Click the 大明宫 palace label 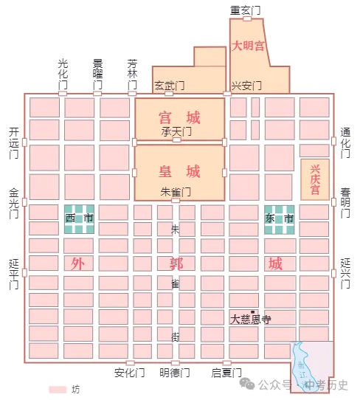(x=249, y=46)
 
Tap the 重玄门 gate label (x=245, y=10)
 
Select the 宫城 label (x=179, y=117)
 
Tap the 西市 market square (x=79, y=218)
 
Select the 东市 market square (x=280, y=218)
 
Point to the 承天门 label (x=176, y=131)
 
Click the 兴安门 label (x=246, y=86)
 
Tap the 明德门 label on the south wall (x=175, y=372)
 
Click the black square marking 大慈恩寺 (x=253, y=312)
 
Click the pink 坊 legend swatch (x=58, y=389)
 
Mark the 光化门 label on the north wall (x=63, y=75)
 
